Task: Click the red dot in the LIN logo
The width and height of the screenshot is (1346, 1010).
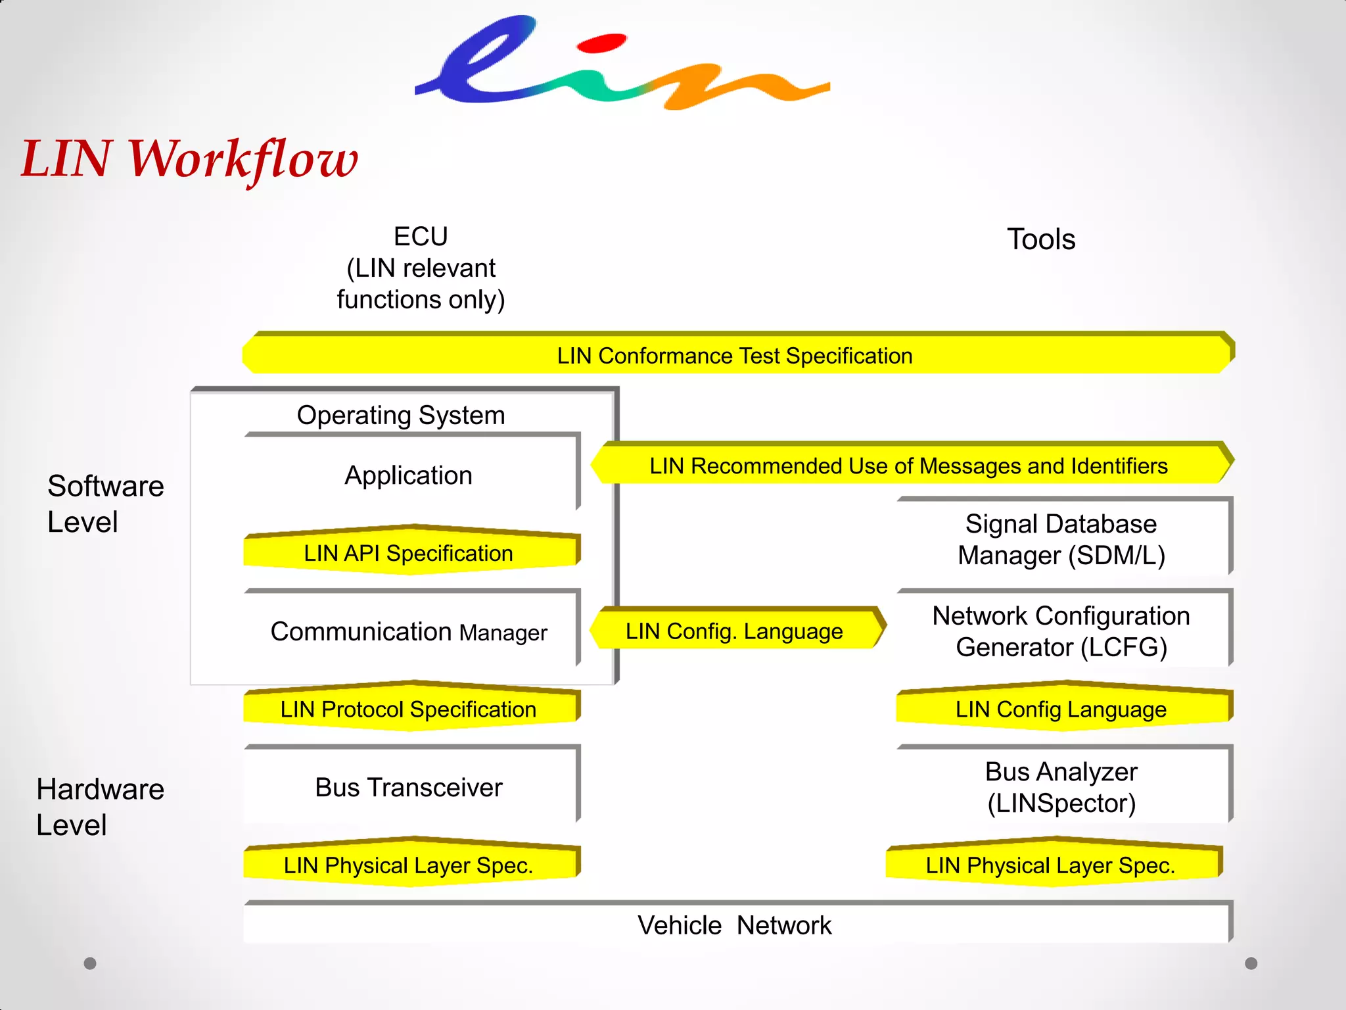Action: click(x=601, y=43)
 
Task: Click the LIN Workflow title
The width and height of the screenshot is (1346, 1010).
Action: click(x=189, y=159)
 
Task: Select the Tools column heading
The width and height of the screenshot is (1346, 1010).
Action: click(x=1041, y=239)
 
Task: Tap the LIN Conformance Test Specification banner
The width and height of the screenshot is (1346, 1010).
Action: click(x=735, y=356)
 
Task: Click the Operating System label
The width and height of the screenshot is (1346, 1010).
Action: click(x=401, y=415)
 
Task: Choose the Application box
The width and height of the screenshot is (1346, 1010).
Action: click(x=409, y=475)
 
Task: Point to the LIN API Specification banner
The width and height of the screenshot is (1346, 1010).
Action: click(x=409, y=553)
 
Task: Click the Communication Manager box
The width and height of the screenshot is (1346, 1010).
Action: click(x=409, y=631)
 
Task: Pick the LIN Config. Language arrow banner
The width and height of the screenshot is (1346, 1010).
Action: click(x=735, y=631)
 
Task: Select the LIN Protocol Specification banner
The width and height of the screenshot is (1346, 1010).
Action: click(x=409, y=709)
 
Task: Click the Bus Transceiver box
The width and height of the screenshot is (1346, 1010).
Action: click(x=409, y=787)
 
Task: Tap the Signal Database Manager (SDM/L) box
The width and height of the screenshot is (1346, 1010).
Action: click(x=1061, y=539)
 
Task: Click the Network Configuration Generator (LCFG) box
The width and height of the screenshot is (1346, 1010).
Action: click(x=1061, y=631)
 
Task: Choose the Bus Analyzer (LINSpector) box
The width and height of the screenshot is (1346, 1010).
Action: click(x=1061, y=787)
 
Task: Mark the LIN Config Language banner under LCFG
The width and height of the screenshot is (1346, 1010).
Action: click(x=1061, y=709)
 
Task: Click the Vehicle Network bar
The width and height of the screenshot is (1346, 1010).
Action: click(x=735, y=925)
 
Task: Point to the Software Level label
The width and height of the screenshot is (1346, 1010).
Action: click(x=105, y=504)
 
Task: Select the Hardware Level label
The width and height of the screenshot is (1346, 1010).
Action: click(x=100, y=806)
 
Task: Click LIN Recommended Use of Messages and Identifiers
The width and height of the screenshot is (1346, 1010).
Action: click(x=908, y=466)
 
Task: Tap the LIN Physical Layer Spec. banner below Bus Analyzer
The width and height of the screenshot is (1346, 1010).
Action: click(x=1050, y=865)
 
